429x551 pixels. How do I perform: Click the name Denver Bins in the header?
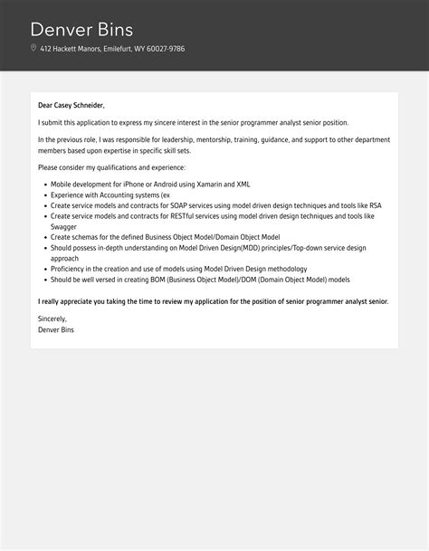[x=81, y=29]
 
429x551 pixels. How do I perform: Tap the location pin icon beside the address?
[x=33, y=49]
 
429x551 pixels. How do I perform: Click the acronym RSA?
[x=375, y=205]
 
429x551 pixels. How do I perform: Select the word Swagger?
[x=63, y=226]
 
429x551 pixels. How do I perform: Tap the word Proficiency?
[x=69, y=269]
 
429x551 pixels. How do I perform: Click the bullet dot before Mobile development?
[x=43, y=184]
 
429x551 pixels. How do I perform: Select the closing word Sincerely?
[x=52, y=318]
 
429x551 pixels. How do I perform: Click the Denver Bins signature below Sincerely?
[x=56, y=329]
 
